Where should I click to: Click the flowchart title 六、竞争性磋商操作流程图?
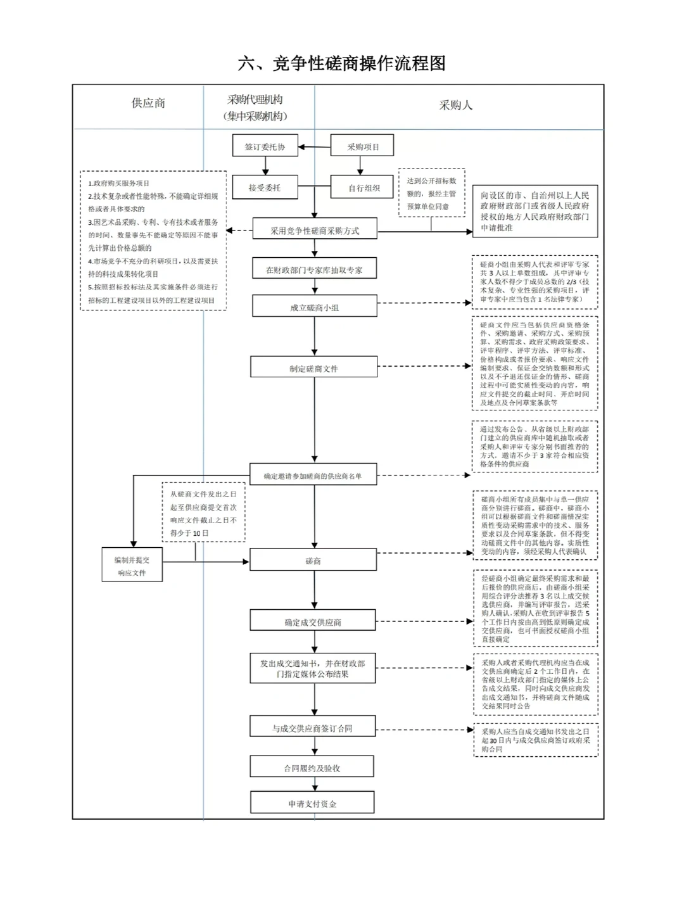[342, 63]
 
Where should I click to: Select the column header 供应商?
[148, 103]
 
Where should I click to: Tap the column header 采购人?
[456, 105]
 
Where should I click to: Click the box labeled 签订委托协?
[265, 146]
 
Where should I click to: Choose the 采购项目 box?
[362, 146]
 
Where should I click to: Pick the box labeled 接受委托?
[265, 187]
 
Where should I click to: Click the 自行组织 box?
[362, 187]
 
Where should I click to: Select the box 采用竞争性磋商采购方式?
[315, 230]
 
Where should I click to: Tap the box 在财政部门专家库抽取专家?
[314, 269]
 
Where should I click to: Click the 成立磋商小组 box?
[314, 307]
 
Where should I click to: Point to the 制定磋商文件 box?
[314, 368]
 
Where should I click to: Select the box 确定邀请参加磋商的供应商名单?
[313, 476]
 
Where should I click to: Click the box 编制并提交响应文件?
[132, 566]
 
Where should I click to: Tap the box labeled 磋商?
[313, 560]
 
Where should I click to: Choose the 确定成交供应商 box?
[313, 622]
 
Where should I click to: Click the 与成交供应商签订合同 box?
[313, 728]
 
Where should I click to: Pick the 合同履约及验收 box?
[312, 768]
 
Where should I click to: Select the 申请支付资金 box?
[312, 803]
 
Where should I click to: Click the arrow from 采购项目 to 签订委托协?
[314, 147]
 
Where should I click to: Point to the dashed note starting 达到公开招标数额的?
[431, 193]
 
